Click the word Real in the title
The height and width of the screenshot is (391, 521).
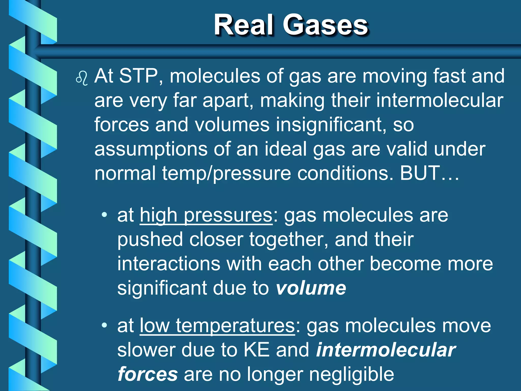click(244, 25)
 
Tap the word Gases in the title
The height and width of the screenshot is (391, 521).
click(325, 25)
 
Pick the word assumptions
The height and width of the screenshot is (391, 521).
click(151, 149)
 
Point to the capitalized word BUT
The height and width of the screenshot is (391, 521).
click(420, 173)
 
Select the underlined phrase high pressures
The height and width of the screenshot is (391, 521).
click(206, 216)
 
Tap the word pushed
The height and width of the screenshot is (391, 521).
click(150, 240)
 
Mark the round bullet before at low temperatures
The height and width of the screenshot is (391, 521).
click(104, 325)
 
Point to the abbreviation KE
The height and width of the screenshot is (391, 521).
click(256, 350)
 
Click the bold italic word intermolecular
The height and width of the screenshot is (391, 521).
click(386, 350)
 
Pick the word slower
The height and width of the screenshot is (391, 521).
click(146, 350)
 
